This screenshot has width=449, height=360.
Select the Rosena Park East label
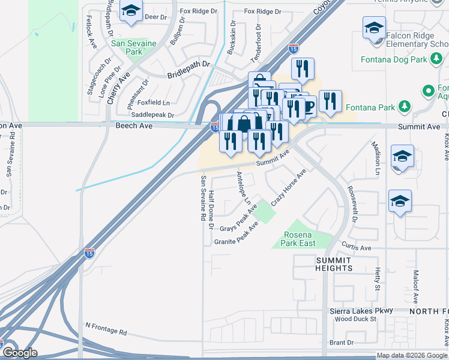pos(298,239)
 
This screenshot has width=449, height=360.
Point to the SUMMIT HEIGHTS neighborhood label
pos(334,263)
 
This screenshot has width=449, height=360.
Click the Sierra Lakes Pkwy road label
pos(361,311)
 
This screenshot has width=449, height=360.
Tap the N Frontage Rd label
pos(106,328)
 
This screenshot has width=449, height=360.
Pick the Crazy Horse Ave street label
pos(288,188)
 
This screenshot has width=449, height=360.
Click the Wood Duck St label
pos(356,319)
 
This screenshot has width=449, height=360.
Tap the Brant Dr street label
pos(342,343)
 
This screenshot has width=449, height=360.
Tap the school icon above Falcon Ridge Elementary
pos(373,27)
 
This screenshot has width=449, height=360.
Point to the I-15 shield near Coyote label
pos(293,47)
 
